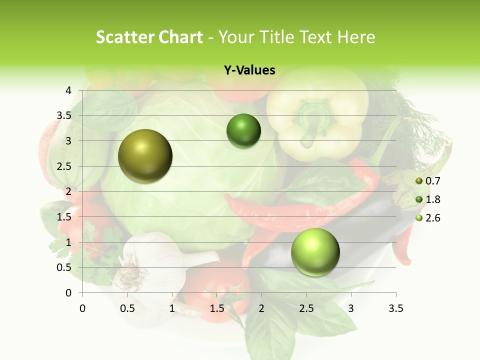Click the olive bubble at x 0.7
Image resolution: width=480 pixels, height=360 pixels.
pyautogui.click(x=145, y=156)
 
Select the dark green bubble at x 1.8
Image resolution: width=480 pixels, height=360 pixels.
pyautogui.click(x=243, y=131)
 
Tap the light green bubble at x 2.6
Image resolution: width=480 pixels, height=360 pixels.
pyautogui.click(x=315, y=252)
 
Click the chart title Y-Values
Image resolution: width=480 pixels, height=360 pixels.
pyautogui.click(x=249, y=70)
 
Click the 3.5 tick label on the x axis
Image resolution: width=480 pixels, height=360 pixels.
pyautogui.click(x=396, y=308)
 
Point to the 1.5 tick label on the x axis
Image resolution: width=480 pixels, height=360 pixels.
pyautogui.click(x=217, y=308)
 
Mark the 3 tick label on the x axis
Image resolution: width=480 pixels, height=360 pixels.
pyautogui.click(x=351, y=308)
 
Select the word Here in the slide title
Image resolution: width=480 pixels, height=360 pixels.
pyautogui.click(x=356, y=37)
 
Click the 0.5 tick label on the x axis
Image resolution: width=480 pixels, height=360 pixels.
pyautogui.click(x=127, y=308)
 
